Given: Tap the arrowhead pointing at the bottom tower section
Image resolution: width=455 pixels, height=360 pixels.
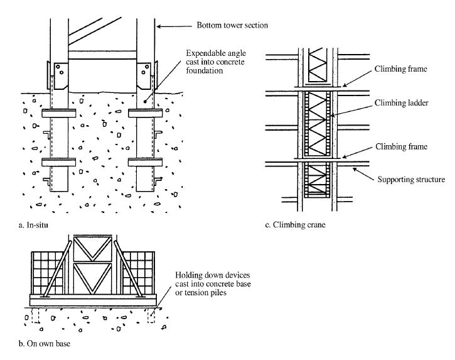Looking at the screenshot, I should coord(158,26).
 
